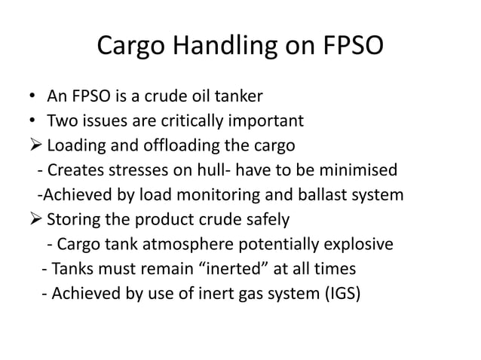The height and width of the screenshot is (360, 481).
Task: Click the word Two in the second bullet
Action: click(x=62, y=121)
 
